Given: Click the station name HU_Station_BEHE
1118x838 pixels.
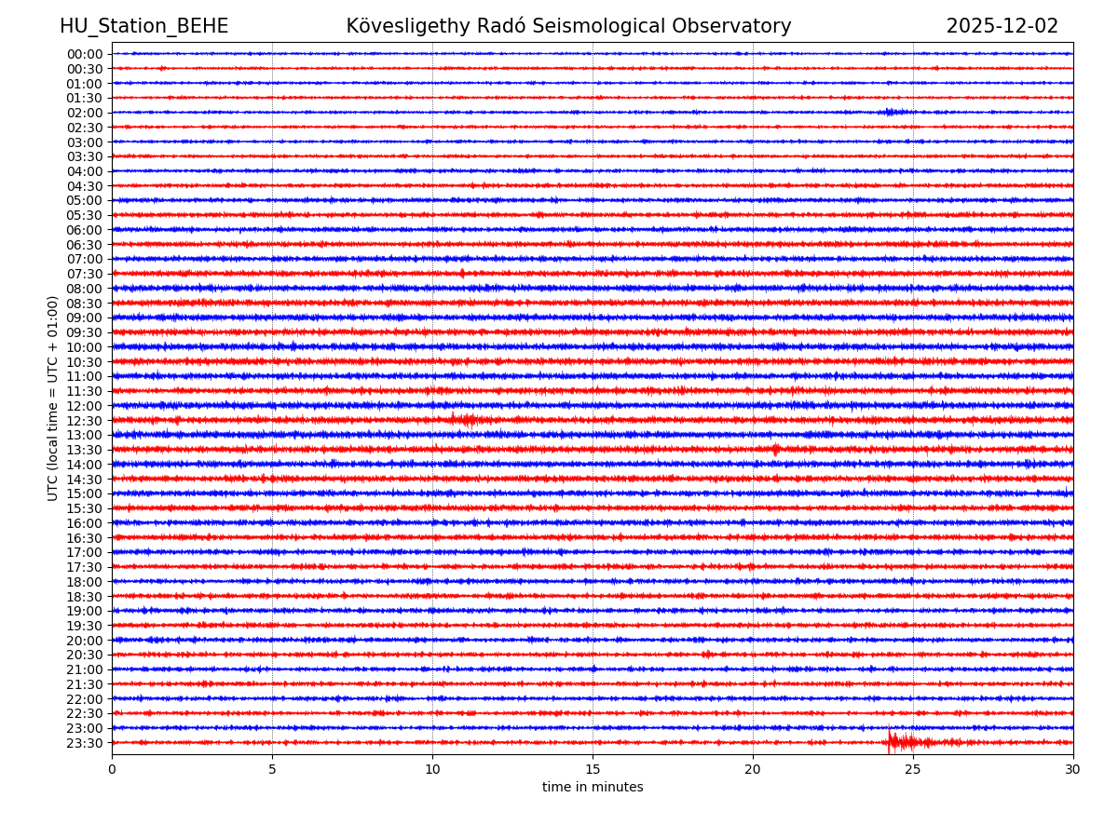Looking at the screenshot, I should pyautogui.click(x=143, y=26).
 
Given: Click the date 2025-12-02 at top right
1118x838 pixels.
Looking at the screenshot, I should pyautogui.click(x=1002, y=26).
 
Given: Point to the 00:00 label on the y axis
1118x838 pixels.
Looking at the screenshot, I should pyautogui.click(x=85, y=54).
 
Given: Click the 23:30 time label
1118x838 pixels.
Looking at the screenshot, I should pyautogui.click(x=85, y=743).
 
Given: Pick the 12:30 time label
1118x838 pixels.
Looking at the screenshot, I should pyautogui.click(x=85, y=421).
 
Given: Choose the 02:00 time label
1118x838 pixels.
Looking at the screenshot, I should pyautogui.click(x=85, y=113).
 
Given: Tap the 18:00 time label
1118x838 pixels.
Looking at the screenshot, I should pyautogui.click(x=85, y=582).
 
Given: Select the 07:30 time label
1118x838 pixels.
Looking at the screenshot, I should pyautogui.click(x=85, y=274).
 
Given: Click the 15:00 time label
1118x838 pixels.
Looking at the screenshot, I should pyautogui.click(x=85, y=493).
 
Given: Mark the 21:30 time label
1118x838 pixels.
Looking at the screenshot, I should pyautogui.click(x=85, y=684).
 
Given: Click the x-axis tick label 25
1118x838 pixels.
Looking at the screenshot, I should pyautogui.click(x=913, y=770).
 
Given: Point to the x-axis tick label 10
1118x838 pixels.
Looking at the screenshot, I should pyautogui.click(x=432, y=770).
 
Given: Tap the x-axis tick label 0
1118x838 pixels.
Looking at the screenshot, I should pyautogui.click(x=112, y=770).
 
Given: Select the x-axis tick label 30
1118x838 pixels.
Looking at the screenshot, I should pyautogui.click(x=1073, y=770).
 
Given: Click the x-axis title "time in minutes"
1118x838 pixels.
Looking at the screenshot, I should pyautogui.click(x=593, y=788).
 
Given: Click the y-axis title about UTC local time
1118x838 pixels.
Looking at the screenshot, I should pyautogui.click(x=53, y=398).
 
